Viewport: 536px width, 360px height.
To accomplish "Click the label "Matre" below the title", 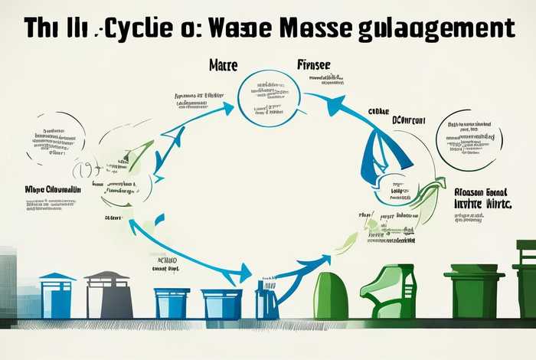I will (x=223, y=67).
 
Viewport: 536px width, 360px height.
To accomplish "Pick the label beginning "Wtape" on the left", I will (x=52, y=188).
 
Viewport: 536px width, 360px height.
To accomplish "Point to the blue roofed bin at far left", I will (x=57, y=296).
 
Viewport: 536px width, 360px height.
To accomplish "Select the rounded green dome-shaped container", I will (x=331, y=295).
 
